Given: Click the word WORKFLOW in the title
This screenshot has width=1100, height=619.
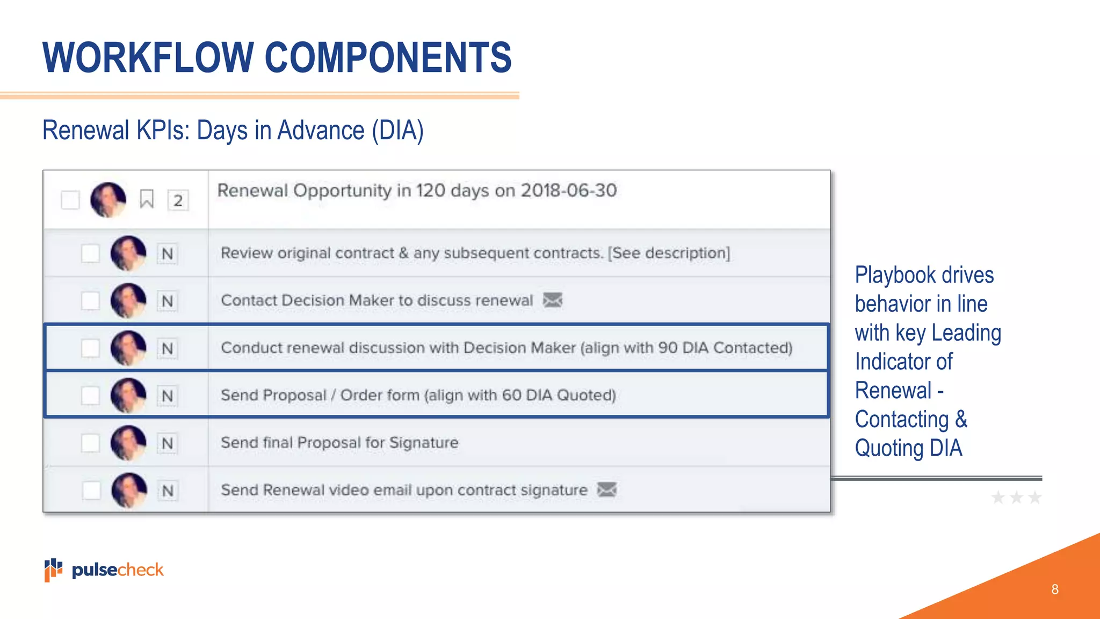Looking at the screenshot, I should tap(148, 57).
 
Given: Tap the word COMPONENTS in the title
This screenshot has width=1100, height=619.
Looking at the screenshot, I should tap(388, 57).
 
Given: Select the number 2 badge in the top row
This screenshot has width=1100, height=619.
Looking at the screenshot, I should tap(178, 200).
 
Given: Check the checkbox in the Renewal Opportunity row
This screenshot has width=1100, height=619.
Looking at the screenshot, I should tap(70, 200).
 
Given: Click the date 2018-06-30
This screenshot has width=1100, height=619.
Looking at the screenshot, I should tap(569, 190).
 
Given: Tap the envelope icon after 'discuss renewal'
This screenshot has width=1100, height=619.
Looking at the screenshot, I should tap(553, 300).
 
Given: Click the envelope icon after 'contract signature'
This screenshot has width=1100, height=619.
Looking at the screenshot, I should tap(607, 490).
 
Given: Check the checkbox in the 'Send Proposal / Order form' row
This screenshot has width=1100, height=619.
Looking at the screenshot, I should tap(90, 395).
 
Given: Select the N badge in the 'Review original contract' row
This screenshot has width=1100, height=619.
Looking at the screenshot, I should tap(167, 254).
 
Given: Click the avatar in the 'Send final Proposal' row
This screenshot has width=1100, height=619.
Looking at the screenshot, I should tap(128, 443).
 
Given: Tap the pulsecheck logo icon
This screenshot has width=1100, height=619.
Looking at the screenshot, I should tap(53, 570).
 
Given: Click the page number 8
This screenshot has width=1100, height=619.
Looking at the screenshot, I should tap(1055, 589).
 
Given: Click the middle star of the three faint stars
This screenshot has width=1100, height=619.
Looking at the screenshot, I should tap(1016, 498).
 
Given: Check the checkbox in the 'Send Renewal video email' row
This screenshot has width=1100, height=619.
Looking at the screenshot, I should tap(91, 490).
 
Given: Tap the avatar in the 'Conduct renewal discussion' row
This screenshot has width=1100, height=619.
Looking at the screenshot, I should tap(128, 348).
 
